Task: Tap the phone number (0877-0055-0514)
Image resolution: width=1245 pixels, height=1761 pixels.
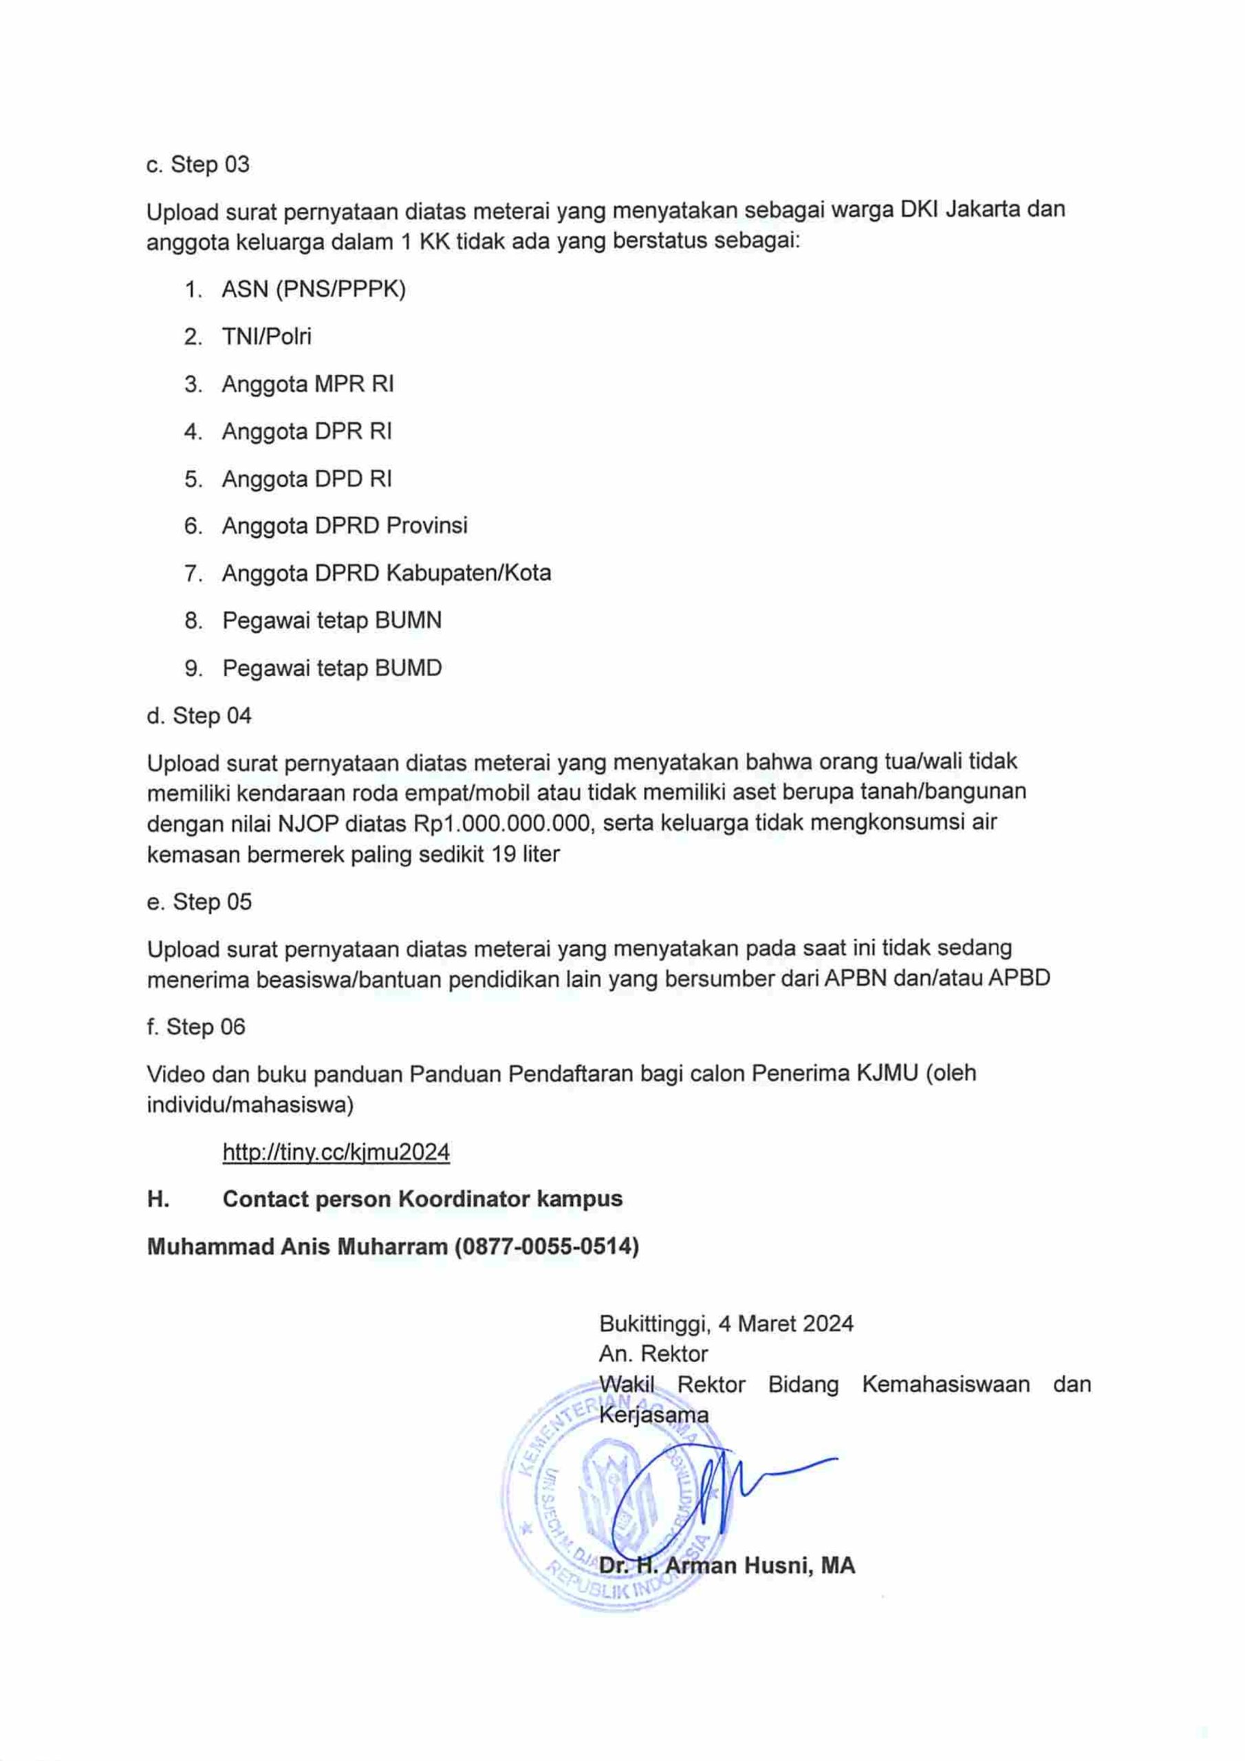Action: point(546,1246)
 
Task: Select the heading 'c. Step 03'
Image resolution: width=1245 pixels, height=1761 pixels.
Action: point(198,164)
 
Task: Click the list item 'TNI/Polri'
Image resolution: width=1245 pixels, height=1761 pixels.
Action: point(266,336)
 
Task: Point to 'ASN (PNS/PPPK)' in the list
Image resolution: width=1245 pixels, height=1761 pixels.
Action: point(313,289)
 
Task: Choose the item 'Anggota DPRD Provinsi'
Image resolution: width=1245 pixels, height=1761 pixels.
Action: point(345,526)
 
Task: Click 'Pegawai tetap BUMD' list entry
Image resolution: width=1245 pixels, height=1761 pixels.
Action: point(332,667)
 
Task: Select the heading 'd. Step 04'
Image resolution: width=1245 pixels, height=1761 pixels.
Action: point(199,715)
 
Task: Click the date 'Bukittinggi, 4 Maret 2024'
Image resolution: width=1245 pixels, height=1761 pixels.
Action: point(726,1323)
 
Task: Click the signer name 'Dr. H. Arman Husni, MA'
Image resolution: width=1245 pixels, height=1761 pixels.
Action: point(726,1565)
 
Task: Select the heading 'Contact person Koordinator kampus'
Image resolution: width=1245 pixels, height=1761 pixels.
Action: point(422,1199)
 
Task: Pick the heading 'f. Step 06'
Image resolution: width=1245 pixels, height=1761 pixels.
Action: point(195,1026)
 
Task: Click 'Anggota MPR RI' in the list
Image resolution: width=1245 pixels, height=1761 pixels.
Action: point(307,383)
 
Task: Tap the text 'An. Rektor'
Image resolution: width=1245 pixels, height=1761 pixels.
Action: point(653,1353)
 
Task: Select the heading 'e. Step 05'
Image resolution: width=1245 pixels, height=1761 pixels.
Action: point(199,901)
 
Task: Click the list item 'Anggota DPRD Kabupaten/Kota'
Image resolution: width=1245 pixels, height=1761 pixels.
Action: point(386,573)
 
